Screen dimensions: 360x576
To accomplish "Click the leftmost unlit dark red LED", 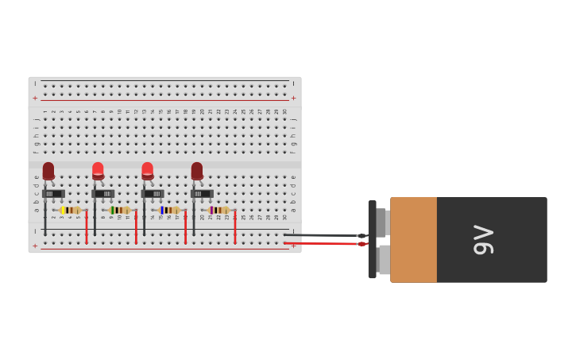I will (48, 170).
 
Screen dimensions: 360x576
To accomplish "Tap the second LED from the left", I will (98, 170).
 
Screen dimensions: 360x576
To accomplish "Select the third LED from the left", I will (147, 170).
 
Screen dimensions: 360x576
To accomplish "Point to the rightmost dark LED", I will (196, 170).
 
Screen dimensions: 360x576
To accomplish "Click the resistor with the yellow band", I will (70, 210).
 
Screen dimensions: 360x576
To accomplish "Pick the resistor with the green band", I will (119, 210).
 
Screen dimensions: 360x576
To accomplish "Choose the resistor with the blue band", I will (168, 210).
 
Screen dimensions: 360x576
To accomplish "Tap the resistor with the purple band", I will (218, 210).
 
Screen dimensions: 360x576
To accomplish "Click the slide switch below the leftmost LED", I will (53, 193).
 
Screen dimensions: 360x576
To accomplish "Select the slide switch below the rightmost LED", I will (202, 193).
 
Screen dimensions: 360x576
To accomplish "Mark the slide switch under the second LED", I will (103, 193).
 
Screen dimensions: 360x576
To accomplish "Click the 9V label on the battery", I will (483, 239).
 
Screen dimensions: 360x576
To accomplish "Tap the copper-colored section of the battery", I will (413, 239).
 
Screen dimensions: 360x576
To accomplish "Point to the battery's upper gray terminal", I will (381, 222).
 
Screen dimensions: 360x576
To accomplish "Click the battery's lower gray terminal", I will (384, 260).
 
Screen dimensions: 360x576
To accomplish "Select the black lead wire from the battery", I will (318, 235).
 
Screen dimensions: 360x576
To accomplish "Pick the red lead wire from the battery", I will (318, 243).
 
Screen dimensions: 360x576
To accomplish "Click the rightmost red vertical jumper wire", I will (234, 226).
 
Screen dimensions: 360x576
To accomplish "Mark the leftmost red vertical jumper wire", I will (87, 226).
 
